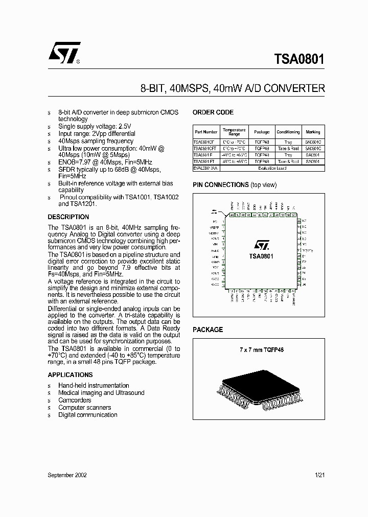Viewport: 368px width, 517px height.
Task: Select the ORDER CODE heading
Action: tap(213, 112)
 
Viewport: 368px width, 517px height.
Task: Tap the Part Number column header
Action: tap(206, 132)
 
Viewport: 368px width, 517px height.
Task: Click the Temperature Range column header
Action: tap(234, 132)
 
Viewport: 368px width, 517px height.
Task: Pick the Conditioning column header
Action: tap(288, 132)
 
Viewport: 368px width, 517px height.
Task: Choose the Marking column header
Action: tap(313, 132)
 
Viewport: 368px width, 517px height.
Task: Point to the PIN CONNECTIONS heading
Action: tap(220, 184)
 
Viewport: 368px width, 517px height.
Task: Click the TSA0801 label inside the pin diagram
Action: tap(261, 256)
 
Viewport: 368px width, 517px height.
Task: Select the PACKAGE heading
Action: tap(208, 330)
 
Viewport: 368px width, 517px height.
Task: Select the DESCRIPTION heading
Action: tap(68, 217)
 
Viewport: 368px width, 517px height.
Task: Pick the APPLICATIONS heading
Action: tap(70, 375)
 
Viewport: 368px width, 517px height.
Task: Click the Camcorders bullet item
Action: tap(75, 400)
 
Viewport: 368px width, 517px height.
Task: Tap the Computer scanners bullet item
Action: tap(84, 408)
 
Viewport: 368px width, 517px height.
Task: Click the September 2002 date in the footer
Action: tap(67, 475)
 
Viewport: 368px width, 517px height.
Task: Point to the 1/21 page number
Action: tap(320, 475)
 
